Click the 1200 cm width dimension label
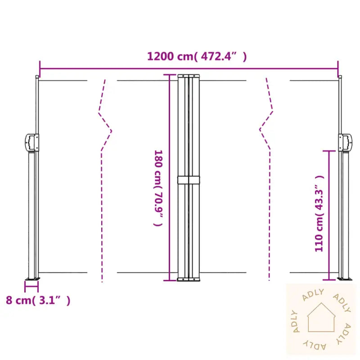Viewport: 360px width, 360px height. click(x=197, y=56)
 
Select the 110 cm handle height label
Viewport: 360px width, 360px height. click(x=319, y=214)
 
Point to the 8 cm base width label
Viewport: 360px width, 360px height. click(x=38, y=300)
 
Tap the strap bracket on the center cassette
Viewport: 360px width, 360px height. click(x=189, y=180)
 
